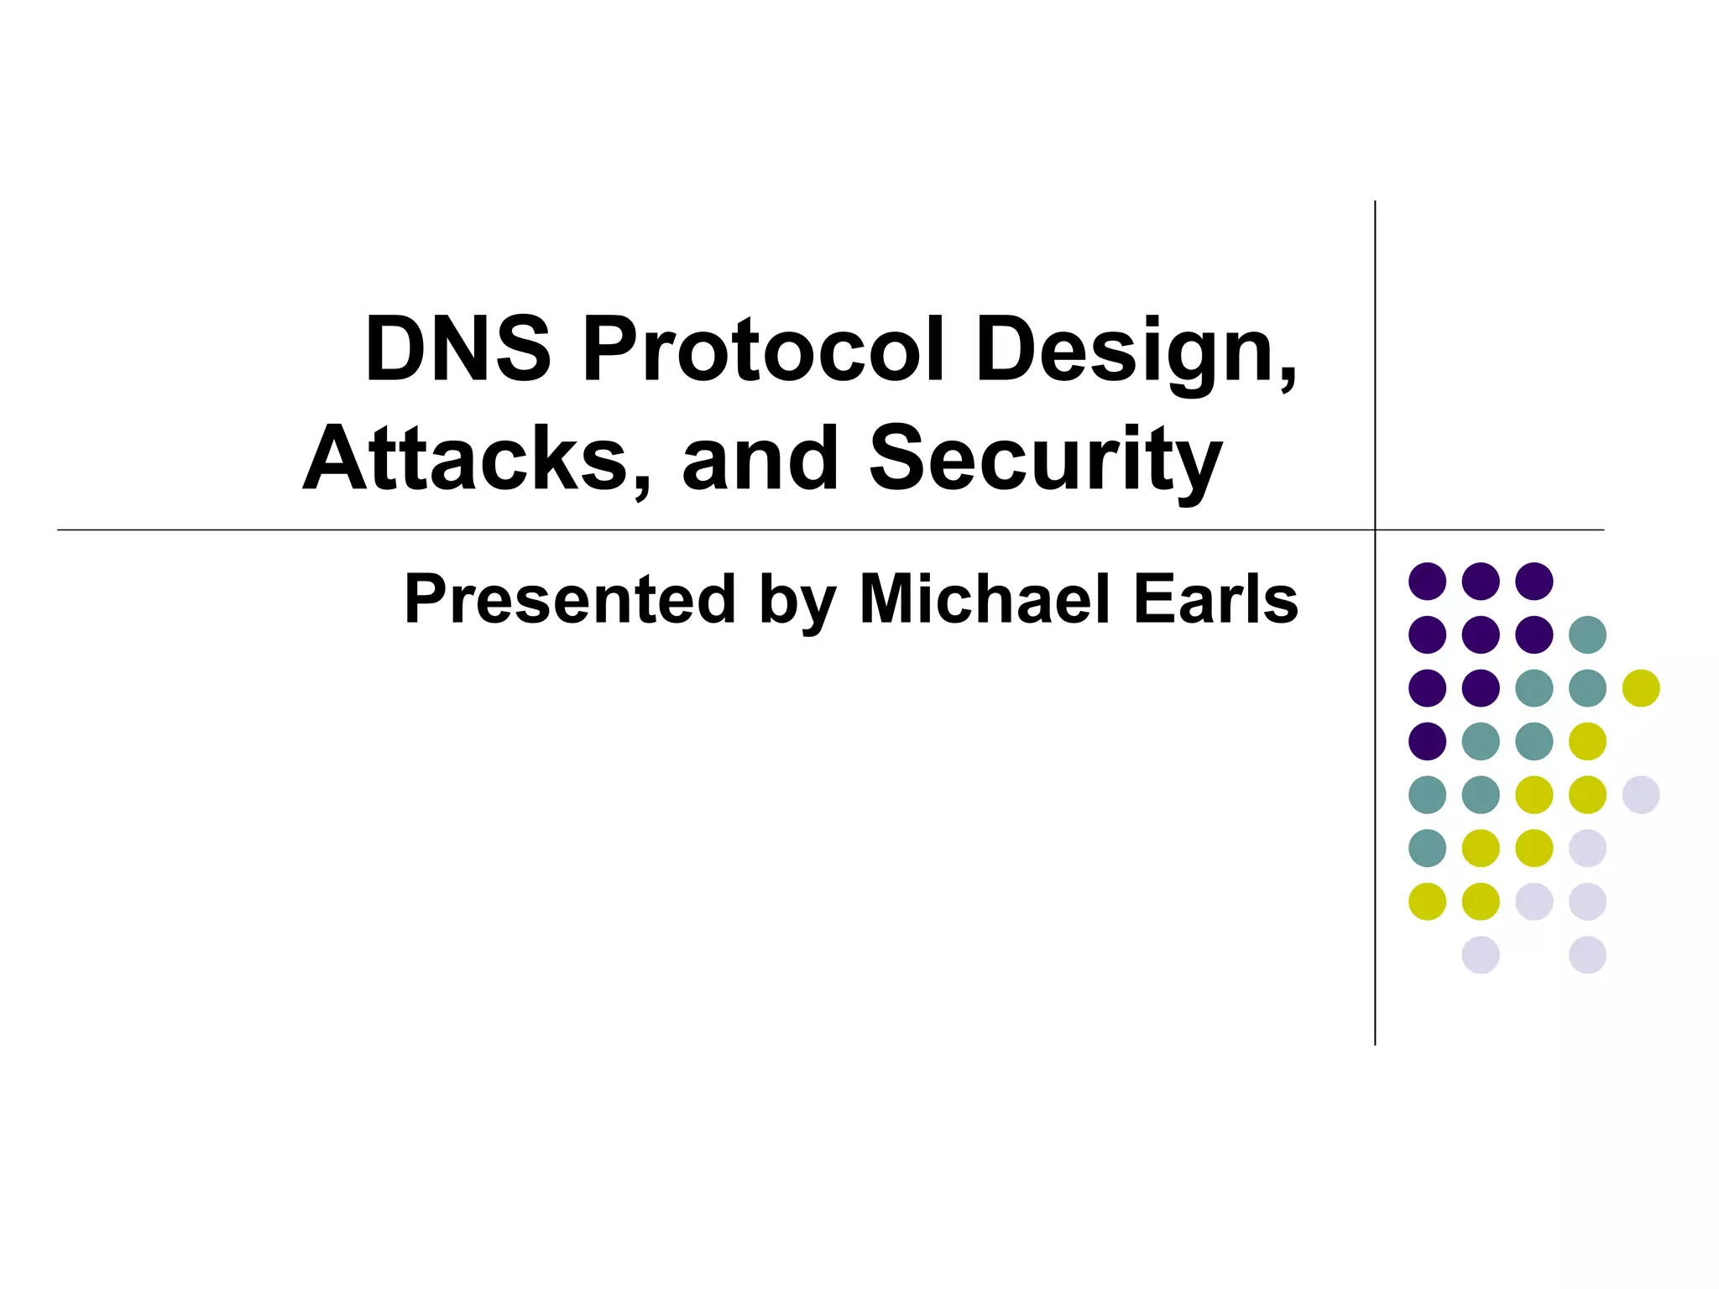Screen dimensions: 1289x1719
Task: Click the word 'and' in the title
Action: pyautogui.click(x=760, y=459)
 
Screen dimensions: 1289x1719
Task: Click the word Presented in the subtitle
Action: pyautogui.click(x=570, y=599)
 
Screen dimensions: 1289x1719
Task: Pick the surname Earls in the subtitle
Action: pyautogui.click(x=1215, y=599)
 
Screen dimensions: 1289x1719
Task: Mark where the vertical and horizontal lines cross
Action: pyautogui.click(x=1375, y=530)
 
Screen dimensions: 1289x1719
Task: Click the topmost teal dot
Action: pyautogui.click(x=1587, y=634)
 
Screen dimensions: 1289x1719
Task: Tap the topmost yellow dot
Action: pyautogui.click(x=1641, y=688)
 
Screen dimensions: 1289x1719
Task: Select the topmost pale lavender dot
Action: pyautogui.click(x=1641, y=795)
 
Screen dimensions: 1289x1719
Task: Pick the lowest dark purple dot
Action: pyautogui.click(x=1427, y=741)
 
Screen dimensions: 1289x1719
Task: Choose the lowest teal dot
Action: pyautogui.click(x=1427, y=848)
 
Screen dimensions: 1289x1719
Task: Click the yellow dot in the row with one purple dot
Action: pyautogui.click(x=1587, y=741)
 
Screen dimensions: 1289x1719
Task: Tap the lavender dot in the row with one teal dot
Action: pyautogui.click(x=1587, y=848)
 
